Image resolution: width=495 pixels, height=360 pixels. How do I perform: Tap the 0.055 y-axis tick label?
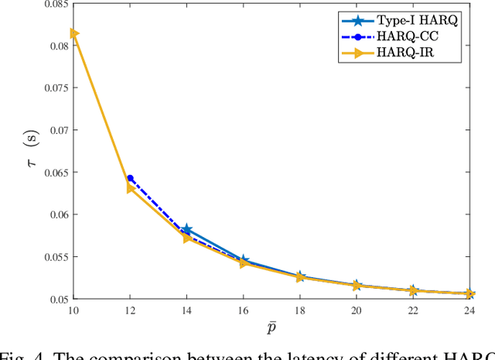pos(52,256)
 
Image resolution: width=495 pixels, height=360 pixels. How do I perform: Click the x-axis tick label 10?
pos(72,310)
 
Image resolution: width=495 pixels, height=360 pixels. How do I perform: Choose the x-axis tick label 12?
pos(129,310)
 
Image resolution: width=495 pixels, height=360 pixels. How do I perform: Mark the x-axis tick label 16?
pos(244,310)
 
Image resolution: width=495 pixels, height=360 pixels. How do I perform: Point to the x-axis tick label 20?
pos(357,310)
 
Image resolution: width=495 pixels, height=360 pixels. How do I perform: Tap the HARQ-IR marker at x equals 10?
pos(73,33)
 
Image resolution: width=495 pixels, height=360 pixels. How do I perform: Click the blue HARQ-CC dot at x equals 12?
pos(130,178)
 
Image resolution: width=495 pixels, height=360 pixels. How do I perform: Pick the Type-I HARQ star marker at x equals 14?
pos(186,230)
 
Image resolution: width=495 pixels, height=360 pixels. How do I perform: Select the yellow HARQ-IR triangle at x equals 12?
pos(130,188)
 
